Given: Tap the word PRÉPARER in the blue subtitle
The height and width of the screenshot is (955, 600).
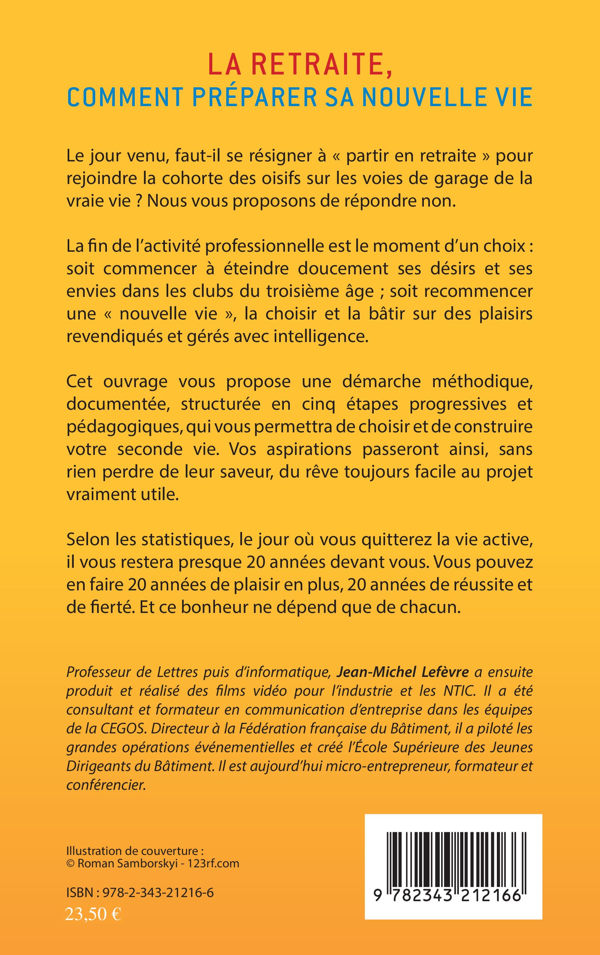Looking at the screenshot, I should pyautogui.click(x=255, y=97).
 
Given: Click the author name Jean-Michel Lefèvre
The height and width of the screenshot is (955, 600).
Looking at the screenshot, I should pyautogui.click(x=403, y=672).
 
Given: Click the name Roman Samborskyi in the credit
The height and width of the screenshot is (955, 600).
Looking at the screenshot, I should pyautogui.click(x=127, y=864).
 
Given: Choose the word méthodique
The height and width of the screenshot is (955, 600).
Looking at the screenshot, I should pyautogui.click(x=482, y=382).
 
